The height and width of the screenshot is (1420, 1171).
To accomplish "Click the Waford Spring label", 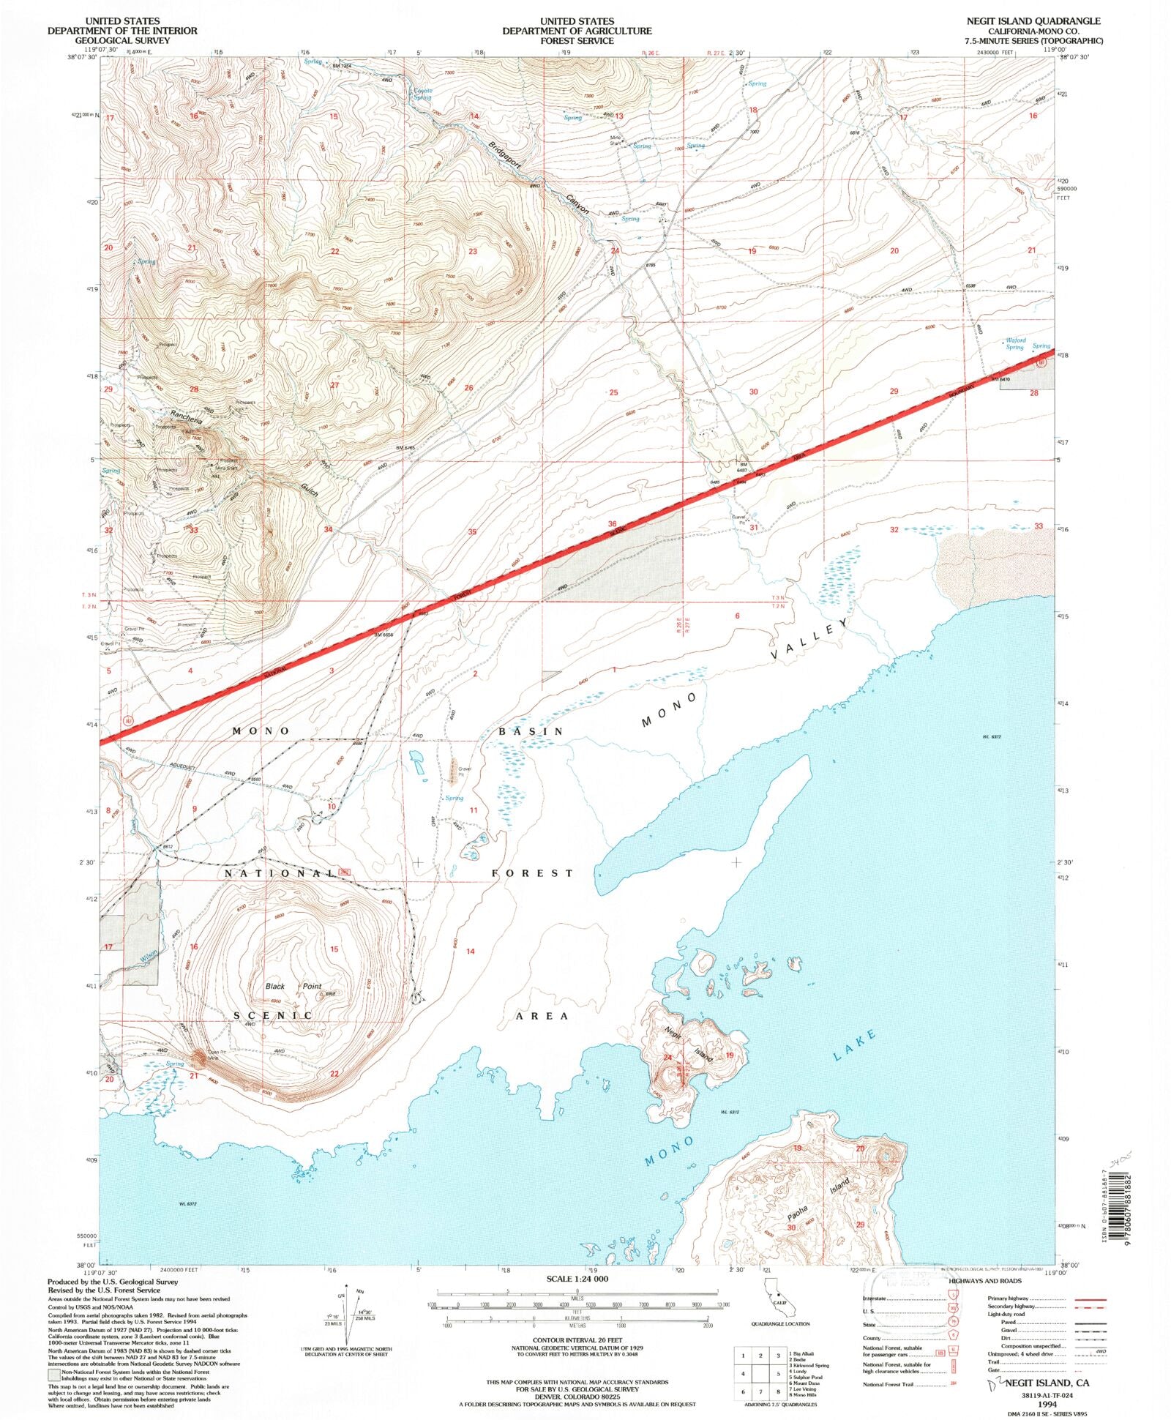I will click(1014, 343).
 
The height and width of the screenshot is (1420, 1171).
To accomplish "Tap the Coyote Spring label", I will click(422, 94).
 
